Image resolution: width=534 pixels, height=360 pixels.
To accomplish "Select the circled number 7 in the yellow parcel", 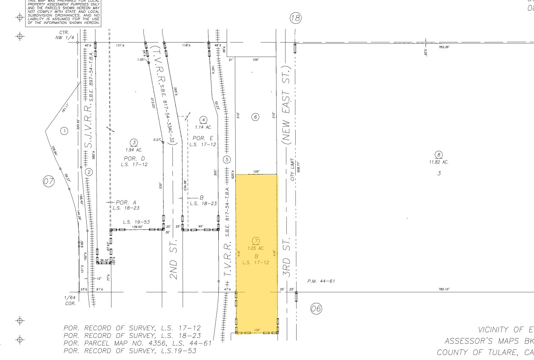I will click(x=256, y=241).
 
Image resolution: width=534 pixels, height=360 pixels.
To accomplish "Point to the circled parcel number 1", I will click(x=64, y=131).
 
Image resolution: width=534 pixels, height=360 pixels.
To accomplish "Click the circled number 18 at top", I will click(x=295, y=18).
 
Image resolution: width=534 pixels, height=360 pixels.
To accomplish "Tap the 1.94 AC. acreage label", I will click(x=134, y=150).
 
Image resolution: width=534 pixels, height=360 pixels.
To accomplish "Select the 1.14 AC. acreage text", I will click(x=204, y=127).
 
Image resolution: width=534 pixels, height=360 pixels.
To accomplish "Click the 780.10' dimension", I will click(x=444, y=289).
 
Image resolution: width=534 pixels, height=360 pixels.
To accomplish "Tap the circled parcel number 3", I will click(x=134, y=143).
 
